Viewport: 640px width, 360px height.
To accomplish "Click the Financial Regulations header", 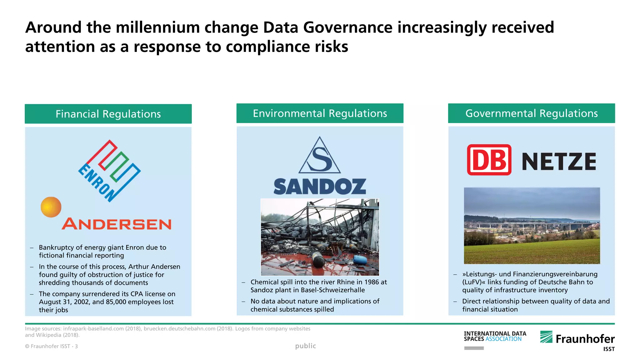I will coord(108,114).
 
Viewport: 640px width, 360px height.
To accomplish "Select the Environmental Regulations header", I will coord(320,113).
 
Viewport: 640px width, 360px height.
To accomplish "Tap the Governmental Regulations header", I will coord(531,113).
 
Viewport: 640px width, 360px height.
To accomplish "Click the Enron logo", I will coord(109,171).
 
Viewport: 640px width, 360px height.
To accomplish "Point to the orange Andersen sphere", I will coord(51,207).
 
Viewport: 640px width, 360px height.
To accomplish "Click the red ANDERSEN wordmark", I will coord(117,224).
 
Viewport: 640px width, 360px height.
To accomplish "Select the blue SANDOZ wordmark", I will coord(320,187).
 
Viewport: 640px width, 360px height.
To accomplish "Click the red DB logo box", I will coord(489,160).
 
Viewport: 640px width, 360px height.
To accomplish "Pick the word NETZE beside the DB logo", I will coord(559,162).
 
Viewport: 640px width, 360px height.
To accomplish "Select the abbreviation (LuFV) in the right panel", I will coord(474,282).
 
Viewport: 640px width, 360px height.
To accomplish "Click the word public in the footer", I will coord(306,346).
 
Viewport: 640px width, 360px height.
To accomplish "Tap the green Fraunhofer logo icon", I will coord(546,337).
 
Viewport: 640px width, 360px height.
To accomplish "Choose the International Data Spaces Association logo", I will coord(495,337).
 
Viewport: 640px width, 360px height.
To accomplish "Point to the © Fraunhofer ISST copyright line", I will coord(51,346).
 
